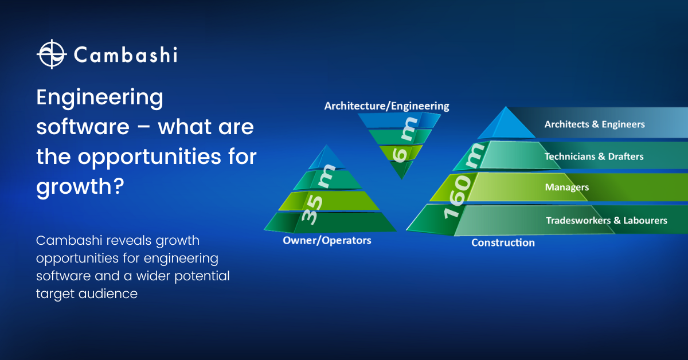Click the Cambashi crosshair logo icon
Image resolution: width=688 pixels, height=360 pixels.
pyautogui.click(x=52, y=54)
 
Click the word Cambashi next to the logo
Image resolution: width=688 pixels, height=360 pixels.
pyautogui.click(x=126, y=55)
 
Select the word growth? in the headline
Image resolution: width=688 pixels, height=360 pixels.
pyautogui.click(x=80, y=187)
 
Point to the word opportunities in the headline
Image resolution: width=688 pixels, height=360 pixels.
pyautogui.click(x=150, y=156)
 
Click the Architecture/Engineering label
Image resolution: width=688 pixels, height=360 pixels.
pyautogui.click(x=386, y=106)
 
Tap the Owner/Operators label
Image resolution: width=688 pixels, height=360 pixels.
pyautogui.click(x=327, y=241)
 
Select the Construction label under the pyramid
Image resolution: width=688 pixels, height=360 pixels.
pyautogui.click(x=503, y=242)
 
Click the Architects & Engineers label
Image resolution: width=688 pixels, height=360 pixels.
pyautogui.click(x=595, y=124)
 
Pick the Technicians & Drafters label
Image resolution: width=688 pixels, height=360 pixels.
pyautogui.click(x=594, y=156)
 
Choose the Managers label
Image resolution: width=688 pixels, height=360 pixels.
pyautogui.click(x=567, y=187)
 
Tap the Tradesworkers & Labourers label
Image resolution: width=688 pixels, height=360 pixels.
pyautogui.click(x=607, y=221)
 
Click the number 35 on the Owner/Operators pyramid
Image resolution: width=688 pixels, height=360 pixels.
pyautogui.click(x=312, y=210)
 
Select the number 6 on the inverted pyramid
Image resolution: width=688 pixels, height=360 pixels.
pyautogui.click(x=400, y=155)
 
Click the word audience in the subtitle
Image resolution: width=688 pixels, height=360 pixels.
pyautogui.click(x=108, y=294)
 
